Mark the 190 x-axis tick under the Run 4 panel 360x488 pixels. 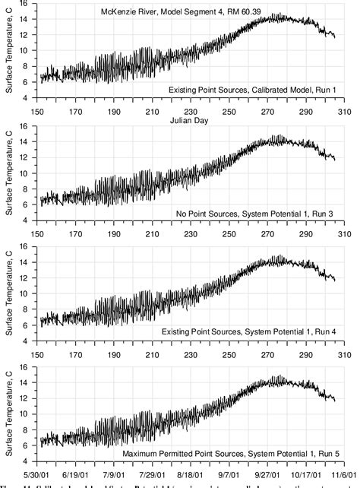coord(113,351)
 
